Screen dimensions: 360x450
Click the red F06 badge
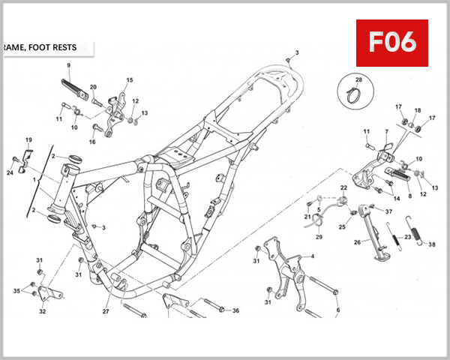click(396, 43)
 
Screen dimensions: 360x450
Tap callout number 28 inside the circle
click(358, 79)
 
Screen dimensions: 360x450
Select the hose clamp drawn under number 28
click(358, 94)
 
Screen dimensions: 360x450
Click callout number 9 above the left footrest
click(68, 66)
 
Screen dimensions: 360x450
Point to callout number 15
click(129, 80)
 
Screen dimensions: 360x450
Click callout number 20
click(93, 88)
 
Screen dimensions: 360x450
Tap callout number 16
click(93, 141)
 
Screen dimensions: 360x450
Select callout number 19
click(28, 140)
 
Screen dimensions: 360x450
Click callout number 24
click(10, 172)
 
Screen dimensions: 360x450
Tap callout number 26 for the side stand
click(357, 241)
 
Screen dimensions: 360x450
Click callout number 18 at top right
click(418, 110)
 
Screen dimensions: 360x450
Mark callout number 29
click(318, 237)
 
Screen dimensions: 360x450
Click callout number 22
click(343, 187)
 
